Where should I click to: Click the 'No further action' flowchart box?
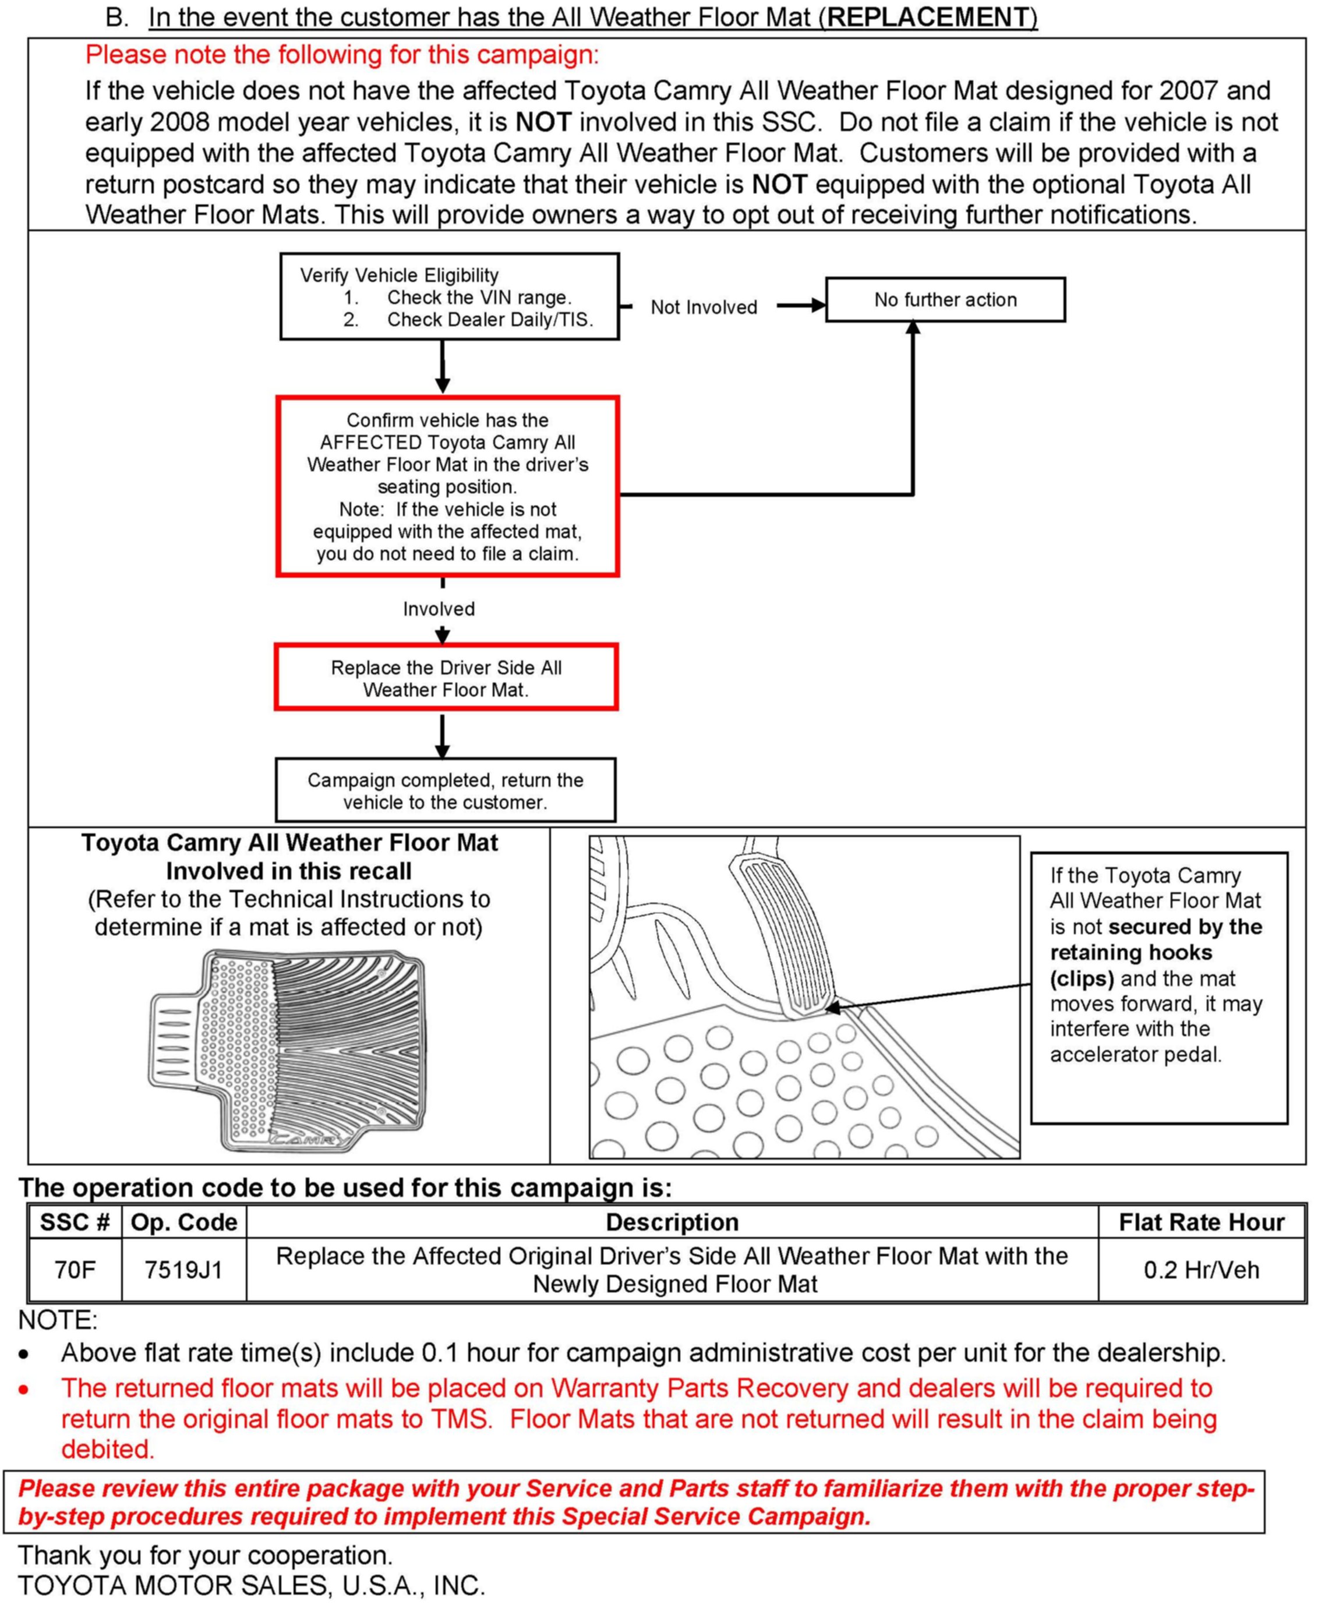945,300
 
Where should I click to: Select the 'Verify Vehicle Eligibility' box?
449,297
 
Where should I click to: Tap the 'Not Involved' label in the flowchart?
703,308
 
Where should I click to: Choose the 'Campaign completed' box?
445,791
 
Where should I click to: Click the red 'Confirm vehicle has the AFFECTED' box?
447,486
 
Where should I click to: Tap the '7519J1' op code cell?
183,1270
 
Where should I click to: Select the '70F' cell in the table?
75,1270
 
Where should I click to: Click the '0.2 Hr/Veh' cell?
1200,1270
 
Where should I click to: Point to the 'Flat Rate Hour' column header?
1200,1222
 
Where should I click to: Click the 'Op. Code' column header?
183,1222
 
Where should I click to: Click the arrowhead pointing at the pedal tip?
834,1008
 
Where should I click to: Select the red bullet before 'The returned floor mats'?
24,1389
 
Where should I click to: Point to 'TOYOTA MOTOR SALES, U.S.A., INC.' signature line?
251,1586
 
